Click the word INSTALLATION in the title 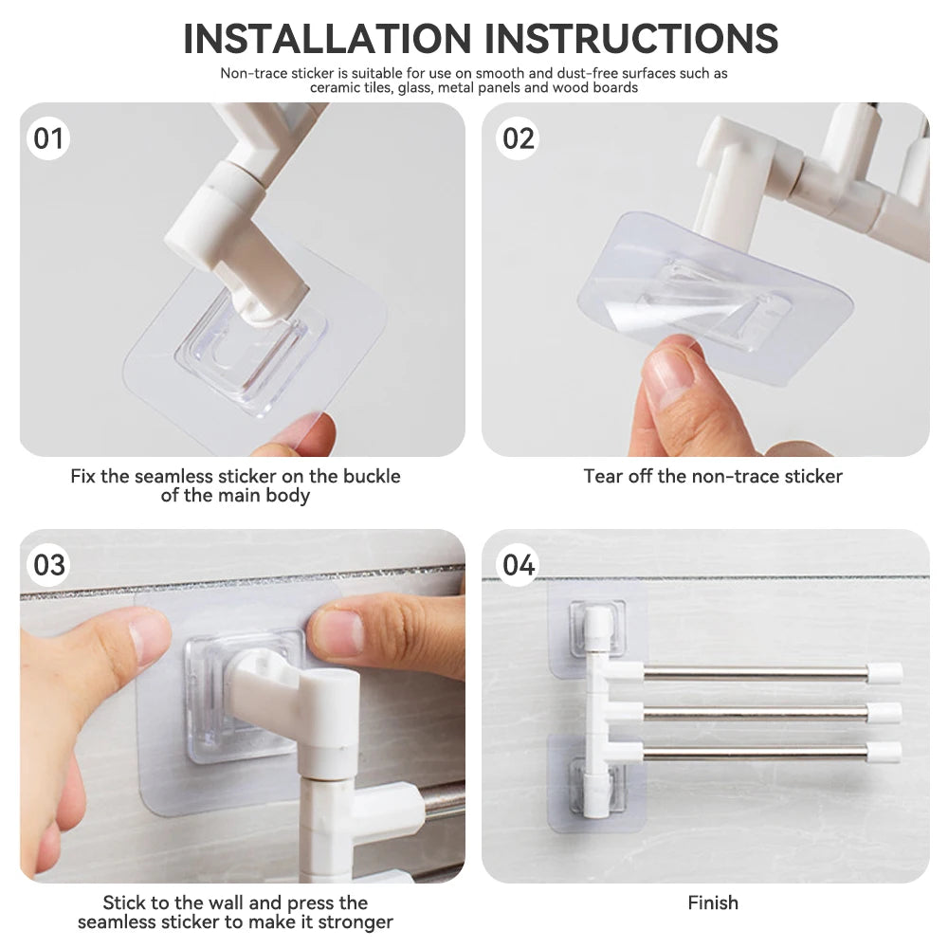(x=327, y=39)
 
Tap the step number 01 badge (x=48, y=138)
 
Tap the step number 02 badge (x=519, y=138)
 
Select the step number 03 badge (x=48, y=565)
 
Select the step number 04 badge (x=519, y=565)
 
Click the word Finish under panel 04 (x=713, y=902)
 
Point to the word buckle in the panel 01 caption (x=372, y=477)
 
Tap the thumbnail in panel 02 (x=672, y=370)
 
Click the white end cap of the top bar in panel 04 (x=884, y=673)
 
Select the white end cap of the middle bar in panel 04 (x=884, y=712)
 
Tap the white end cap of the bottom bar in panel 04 (x=884, y=752)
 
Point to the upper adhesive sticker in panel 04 (x=596, y=630)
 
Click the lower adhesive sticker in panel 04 (x=596, y=782)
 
